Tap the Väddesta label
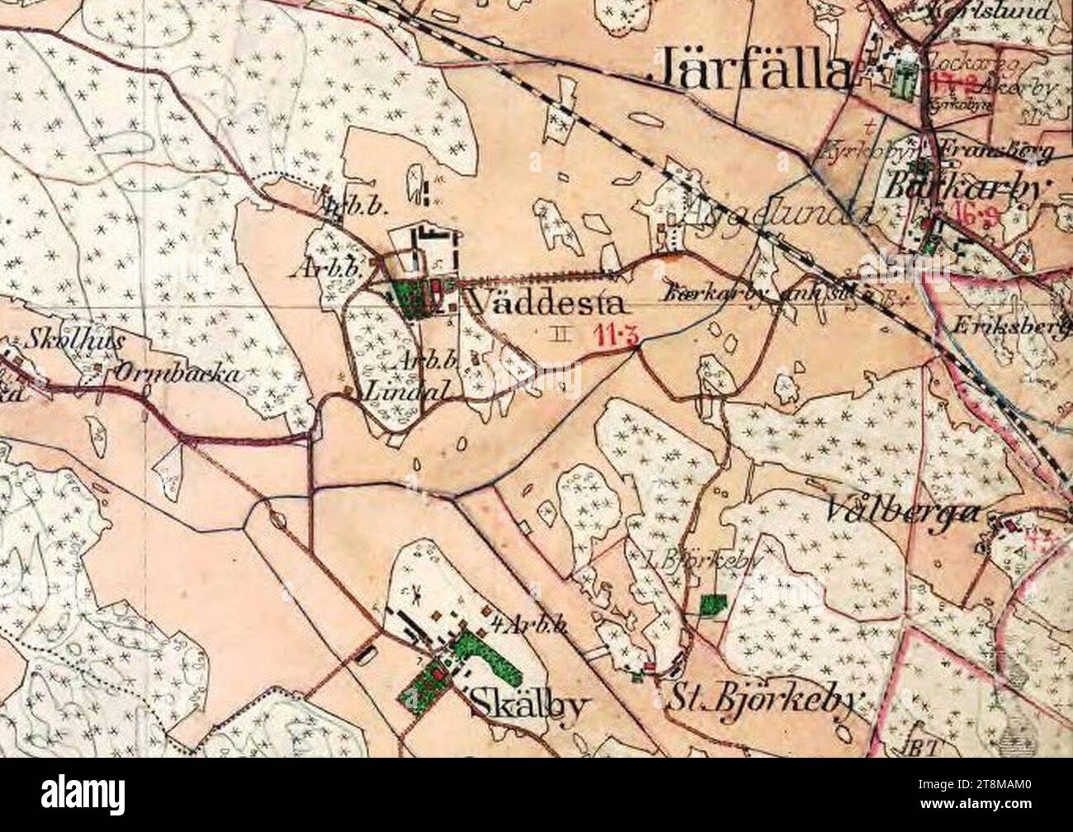545,305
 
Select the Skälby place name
531,707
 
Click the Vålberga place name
903,512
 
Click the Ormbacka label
177,373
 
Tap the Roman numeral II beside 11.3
561,333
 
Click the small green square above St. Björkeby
709,604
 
